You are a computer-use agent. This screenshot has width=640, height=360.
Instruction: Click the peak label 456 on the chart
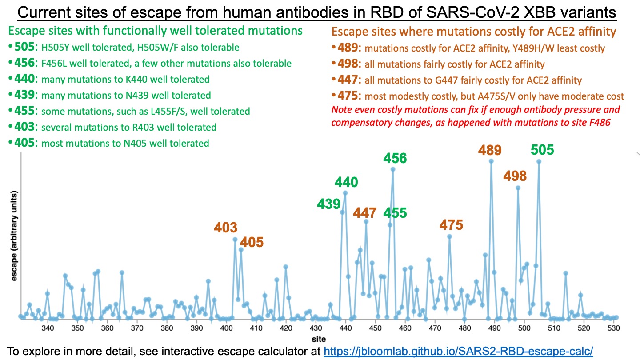coord(395,158)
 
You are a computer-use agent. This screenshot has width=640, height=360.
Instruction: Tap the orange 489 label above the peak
coord(490,150)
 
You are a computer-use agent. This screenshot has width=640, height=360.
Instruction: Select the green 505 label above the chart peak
coord(542,150)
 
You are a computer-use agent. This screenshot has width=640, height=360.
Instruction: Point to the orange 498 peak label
coord(515,176)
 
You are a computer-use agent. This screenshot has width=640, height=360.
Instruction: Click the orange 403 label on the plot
coord(226,228)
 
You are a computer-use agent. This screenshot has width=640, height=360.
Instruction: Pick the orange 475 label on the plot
coord(451,224)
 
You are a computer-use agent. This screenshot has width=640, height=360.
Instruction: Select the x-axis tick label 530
coord(613,328)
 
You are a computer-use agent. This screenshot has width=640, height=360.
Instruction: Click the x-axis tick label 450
coord(375,328)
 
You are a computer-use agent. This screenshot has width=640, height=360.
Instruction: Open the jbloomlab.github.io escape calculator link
coord(458,351)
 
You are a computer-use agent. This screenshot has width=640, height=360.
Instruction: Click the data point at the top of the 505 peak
coord(539,161)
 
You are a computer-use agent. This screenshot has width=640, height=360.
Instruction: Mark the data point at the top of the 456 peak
coord(393,169)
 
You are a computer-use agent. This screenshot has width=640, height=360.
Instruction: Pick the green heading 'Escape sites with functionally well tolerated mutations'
coord(156,31)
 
